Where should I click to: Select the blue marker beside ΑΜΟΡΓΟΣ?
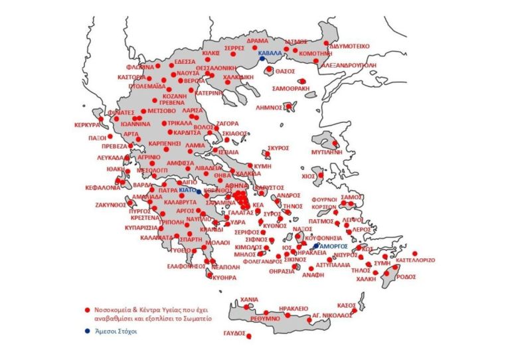(316, 246)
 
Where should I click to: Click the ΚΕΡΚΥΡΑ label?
(87, 124)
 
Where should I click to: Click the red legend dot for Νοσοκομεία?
(87, 310)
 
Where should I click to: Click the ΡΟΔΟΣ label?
(403, 278)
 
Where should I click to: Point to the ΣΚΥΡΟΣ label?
(279, 149)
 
